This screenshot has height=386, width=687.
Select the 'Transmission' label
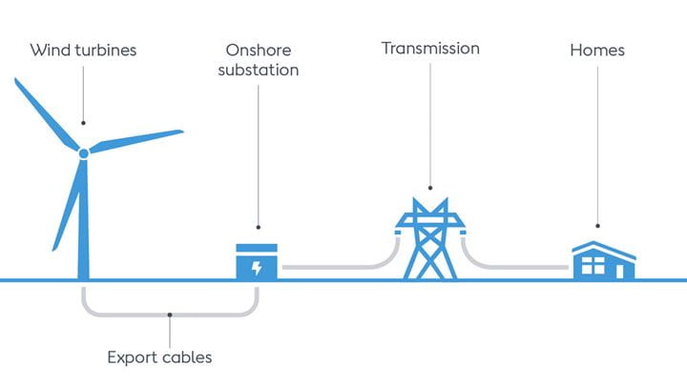click(x=430, y=48)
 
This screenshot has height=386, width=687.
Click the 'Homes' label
click(x=597, y=50)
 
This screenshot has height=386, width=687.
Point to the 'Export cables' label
click(x=159, y=358)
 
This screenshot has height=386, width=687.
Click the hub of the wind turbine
click(x=84, y=152)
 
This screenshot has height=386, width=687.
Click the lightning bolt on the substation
click(x=256, y=268)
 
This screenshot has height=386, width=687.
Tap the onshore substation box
click(x=257, y=262)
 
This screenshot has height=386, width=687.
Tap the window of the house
click(x=593, y=267)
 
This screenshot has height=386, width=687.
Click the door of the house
click(x=620, y=270)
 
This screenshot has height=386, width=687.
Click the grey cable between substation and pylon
click(x=334, y=268)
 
